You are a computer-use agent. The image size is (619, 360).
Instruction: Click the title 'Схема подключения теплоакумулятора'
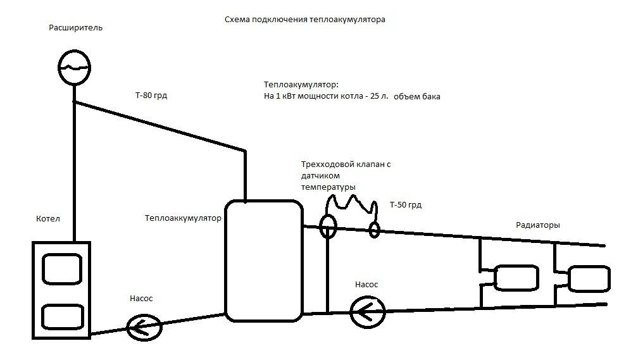tap(304, 20)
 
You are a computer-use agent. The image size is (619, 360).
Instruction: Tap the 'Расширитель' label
tap(76, 28)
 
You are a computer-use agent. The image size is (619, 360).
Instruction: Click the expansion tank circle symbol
tap(74, 65)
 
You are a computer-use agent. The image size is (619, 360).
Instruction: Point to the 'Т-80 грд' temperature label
tap(151, 96)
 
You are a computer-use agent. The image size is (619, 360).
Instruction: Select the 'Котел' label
tap(48, 219)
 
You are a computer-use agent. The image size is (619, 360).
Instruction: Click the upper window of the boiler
tap(61, 269)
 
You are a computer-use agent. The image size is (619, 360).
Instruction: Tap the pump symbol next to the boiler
tap(144, 327)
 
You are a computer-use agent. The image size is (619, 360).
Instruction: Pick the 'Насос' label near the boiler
tap(141, 298)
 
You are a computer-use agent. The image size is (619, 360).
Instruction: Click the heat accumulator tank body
tap(263, 259)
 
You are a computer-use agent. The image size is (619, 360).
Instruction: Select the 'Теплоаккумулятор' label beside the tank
tap(183, 219)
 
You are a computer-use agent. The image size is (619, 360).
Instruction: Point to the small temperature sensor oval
tap(374, 229)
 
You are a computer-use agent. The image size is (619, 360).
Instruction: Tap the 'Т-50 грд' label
tap(406, 205)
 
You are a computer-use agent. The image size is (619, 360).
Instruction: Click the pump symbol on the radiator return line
tap(368, 311)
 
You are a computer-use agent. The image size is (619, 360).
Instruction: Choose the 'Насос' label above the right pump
tap(366, 285)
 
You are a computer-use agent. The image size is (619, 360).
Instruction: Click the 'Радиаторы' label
tap(538, 225)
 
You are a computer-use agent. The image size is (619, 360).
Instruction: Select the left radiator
tap(516, 278)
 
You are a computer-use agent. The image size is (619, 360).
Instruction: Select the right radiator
tap(588, 278)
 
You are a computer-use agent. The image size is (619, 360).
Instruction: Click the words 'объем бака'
tap(416, 97)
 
